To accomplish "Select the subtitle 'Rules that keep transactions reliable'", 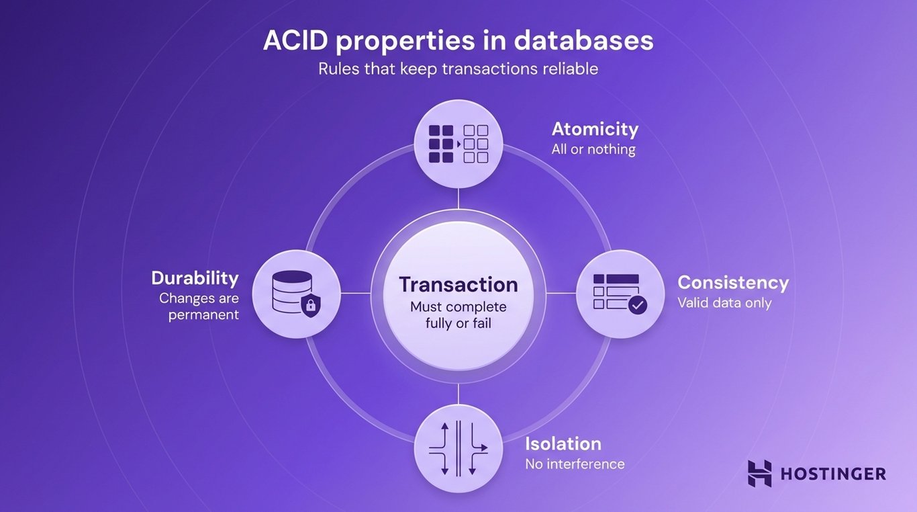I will point(458,69).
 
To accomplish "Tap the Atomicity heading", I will point(595,128).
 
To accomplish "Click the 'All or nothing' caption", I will point(593,149).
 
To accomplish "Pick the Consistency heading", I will point(733,282).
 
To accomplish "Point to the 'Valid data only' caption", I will point(724,303).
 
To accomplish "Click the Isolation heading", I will point(563,443).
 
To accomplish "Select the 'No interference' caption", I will point(575,464).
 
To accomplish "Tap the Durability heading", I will point(195,278).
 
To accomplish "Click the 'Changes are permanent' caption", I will point(199,306).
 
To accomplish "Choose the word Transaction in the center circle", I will point(458,284).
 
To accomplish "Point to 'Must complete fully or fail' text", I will point(458,315).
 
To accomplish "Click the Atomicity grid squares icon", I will point(458,143).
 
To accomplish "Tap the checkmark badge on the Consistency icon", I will point(637,306).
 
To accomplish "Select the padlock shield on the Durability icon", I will point(309,306).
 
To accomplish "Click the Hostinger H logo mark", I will point(760,474).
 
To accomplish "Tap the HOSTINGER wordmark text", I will point(833,474).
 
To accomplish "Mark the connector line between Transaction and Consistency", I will point(561,293).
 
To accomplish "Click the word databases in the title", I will point(583,41).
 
